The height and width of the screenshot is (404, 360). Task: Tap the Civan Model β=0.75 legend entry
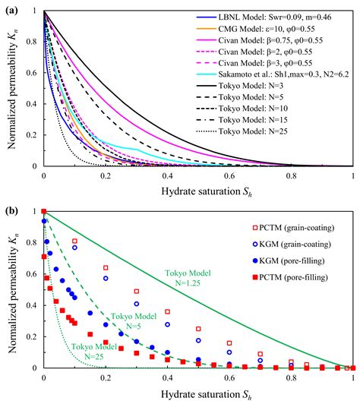tap(273, 41)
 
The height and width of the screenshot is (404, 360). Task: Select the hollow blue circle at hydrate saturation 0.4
tap(168, 324)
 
